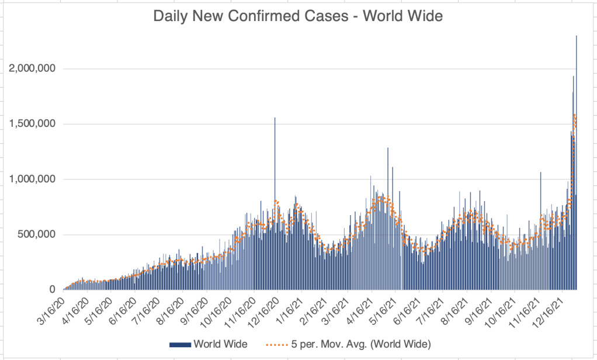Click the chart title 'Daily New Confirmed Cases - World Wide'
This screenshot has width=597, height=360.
click(x=298, y=17)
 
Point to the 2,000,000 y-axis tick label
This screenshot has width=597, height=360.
click(x=32, y=68)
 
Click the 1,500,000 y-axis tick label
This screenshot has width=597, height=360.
click(x=32, y=124)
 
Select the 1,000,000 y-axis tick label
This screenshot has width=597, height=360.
click(x=32, y=179)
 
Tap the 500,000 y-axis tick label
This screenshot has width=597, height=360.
click(x=36, y=234)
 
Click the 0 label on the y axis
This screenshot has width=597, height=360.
click(x=53, y=290)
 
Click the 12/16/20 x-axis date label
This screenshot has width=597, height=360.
click(x=263, y=309)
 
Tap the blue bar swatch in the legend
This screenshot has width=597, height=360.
click(x=180, y=345)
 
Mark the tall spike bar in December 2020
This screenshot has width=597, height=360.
click(x=275, y=175)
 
